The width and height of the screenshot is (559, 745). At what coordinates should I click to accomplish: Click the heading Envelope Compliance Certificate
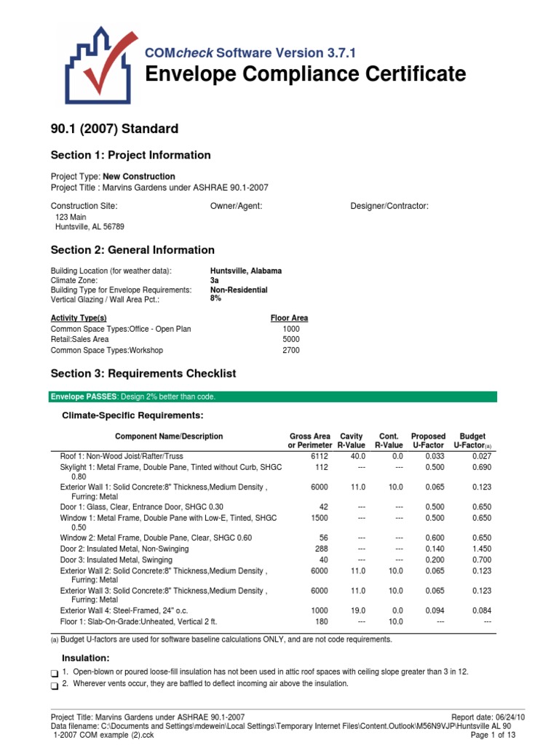pyautogui.click(x=305, y=74)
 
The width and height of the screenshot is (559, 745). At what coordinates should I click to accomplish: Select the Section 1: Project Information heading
pyautogui.click(x=130, y=155)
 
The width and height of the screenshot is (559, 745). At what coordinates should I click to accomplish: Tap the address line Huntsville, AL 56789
pyautogui.click(x=90, y=226)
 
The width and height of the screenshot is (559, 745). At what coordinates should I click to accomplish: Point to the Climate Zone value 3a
pyautogui.click(x=215, y=280)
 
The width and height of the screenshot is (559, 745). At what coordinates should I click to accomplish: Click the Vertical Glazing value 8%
pyautogui.click(x=215, y=298)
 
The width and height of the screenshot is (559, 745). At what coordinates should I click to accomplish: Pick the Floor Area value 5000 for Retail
pyautogui.click(x=290, y=339)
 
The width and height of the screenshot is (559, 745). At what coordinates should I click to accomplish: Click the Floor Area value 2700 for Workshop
pyautogui.click(x=290, y=350)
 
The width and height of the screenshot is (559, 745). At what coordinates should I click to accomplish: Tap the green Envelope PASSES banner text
pyautogui.click(x=132, y=397)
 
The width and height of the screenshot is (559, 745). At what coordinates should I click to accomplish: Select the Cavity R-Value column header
pyautogui.click(x=351, y=441)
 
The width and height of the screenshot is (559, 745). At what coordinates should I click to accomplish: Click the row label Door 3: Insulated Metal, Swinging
pyautogui.click(x=116, y=560)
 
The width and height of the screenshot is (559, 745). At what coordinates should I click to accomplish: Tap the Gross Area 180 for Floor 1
pyautogui.click(x=323, y=622)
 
